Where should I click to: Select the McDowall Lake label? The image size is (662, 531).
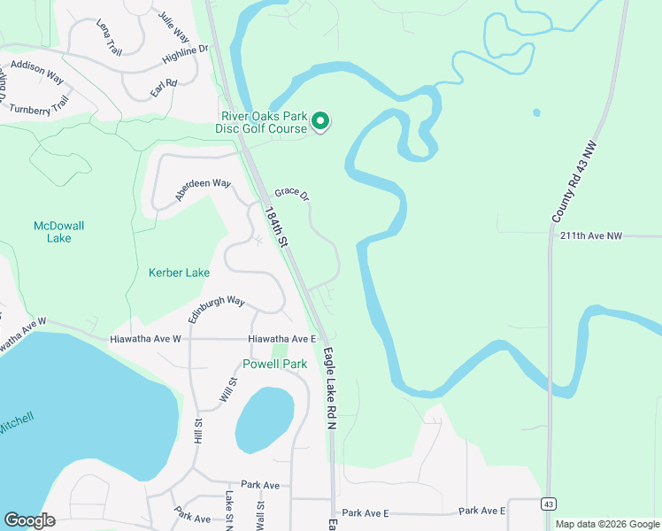click(58, 232)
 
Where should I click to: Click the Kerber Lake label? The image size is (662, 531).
click(179, 273)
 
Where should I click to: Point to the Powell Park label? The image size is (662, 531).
click(276, 364)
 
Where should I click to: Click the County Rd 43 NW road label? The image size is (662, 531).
click(576, 182)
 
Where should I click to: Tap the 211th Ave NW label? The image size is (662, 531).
click(604, 235)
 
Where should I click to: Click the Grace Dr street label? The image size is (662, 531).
click(291, 193)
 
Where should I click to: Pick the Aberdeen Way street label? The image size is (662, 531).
click(203, 189)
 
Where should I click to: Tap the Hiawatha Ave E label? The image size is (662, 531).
click(282, 339)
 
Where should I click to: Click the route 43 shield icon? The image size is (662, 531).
click(549, 503)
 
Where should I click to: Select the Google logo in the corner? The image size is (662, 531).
click(29, 520)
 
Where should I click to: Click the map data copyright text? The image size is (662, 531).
click(606, 524)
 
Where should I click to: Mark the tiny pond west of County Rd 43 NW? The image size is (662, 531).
click(536, 113)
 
